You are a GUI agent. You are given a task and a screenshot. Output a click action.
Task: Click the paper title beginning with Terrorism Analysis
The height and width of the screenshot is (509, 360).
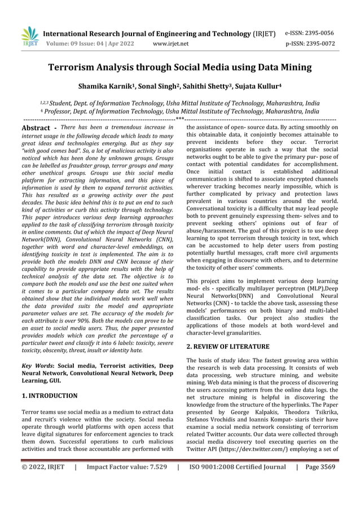point(179,68)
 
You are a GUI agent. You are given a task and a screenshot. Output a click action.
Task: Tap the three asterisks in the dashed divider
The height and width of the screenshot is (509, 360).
point(179,119)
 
